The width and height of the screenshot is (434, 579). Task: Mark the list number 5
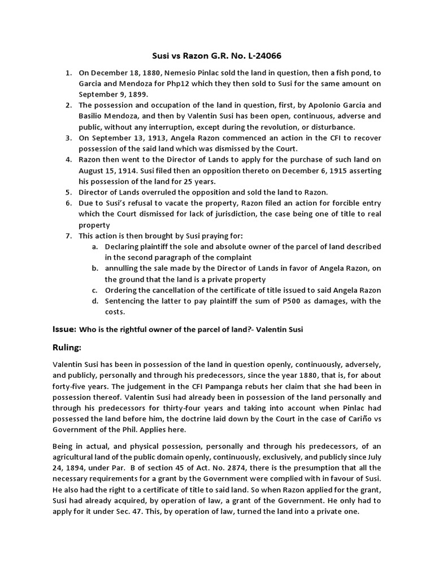pyautogui.click(x=68, y=192)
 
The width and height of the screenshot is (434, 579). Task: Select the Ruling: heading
pyautogui.click(x=67, y=347)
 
